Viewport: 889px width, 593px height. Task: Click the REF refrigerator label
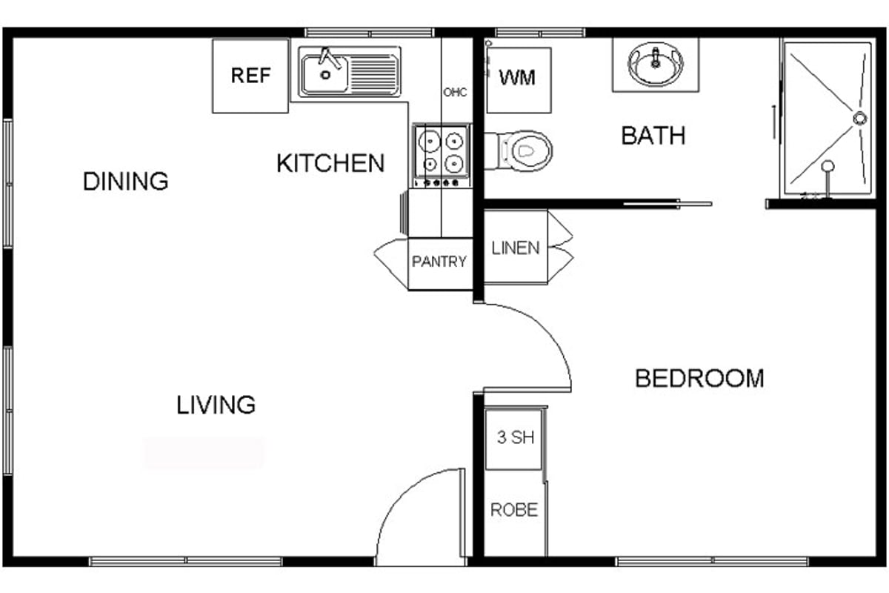[x=250, y=76]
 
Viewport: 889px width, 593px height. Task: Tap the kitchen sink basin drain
[x=325, y=75]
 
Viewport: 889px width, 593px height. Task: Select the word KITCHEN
[x=330, y=163]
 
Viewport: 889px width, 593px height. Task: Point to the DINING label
[x=125, y=181]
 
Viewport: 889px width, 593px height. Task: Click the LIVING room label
[x=216, y=405]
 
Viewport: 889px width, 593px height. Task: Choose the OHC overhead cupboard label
[x=455, y=93]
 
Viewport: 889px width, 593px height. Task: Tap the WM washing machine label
[x=517, y=78]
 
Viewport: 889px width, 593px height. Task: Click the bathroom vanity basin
[x=656, y=64]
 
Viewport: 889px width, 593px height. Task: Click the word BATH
[x=653, y=136]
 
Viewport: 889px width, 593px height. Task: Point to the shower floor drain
[x=859, y=119]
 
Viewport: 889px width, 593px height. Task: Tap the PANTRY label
[x=439, y=262]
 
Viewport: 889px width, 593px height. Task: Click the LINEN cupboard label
[x=516, y=248]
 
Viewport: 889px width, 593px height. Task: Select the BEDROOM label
[x=699, y=379]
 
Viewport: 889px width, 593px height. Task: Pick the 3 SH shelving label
[x=516, y=437]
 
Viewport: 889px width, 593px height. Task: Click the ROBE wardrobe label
[x=514, y=509]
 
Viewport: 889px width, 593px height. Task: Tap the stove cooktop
[x=442, y=156]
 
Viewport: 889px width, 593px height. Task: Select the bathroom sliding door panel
[x=667, y=204]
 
